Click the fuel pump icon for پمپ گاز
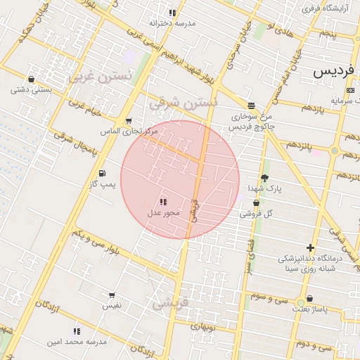tap(103, 173)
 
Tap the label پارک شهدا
tap(264, 188)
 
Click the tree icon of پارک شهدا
tap(264, 178)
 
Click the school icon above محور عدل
tap(164, 202)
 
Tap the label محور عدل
tap(164, 212)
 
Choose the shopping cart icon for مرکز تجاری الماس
tap(128, 122)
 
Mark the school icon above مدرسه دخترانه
tap(172, 13)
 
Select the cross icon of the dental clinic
tap(309, 247)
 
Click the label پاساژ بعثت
tap(311, 309)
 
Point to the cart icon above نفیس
tap(111, 296)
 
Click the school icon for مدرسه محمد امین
tap(76, 331)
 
